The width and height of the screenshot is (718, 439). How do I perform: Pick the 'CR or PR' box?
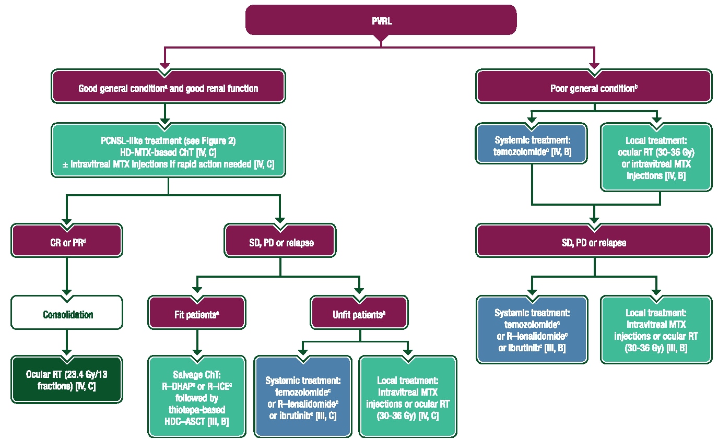tap(67, 243)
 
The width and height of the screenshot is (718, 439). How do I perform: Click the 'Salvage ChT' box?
tap(197, 396)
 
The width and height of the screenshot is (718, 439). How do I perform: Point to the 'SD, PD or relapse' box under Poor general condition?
tap(594, 243)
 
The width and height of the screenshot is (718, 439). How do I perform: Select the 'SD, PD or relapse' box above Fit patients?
tap(280, 243)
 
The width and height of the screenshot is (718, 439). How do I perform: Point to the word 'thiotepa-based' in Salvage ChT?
tap(197, 411)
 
